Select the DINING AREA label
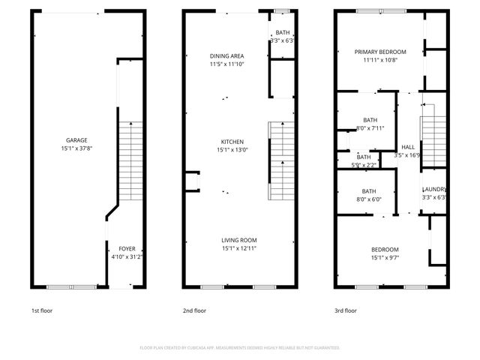(226, 55)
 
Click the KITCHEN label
(232, 141)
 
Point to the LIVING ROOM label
(238, 240)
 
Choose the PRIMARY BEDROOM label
(380, 52)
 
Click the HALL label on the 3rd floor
(407, 147)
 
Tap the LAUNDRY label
(434, 189)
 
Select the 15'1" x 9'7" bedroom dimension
(385, 257)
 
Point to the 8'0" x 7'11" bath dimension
(370, 128)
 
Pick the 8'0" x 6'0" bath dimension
(369, 199)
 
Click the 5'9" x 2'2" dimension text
(364, 165)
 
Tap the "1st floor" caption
(42, 310)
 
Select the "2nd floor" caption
(194, 310)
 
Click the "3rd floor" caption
(345, 310)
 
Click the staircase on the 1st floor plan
(130, 160)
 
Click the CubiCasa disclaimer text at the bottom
(239, 348)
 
